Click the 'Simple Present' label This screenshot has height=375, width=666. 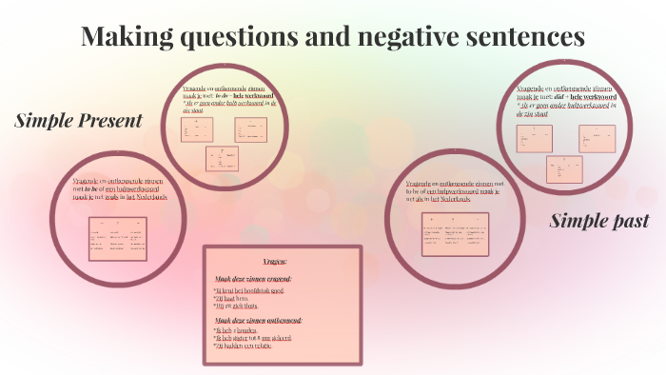tap(78, 121)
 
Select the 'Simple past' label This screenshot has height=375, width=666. tap(599, 221)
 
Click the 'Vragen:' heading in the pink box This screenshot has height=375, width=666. tap(282, 261)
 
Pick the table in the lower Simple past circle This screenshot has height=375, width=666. tap(455, 233)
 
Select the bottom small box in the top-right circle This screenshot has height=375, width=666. tap(564, 168)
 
